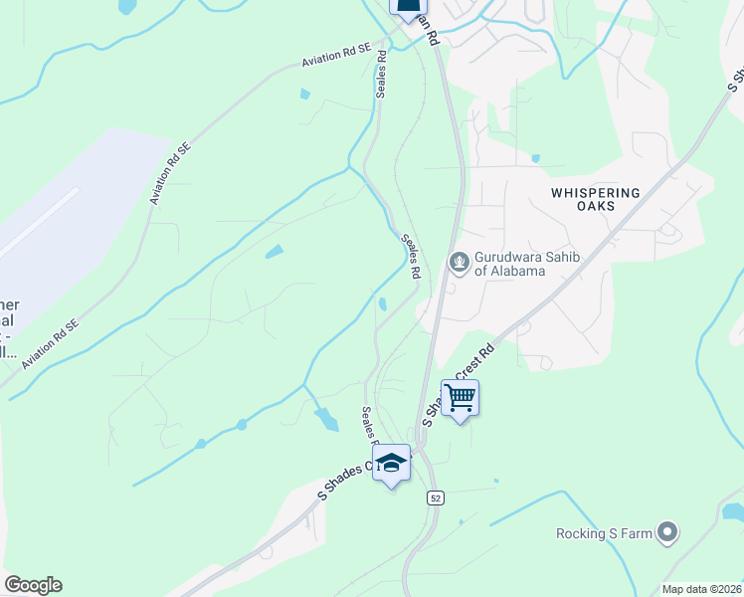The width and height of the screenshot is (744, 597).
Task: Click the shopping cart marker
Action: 460,399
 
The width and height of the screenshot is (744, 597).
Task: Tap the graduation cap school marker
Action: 392,464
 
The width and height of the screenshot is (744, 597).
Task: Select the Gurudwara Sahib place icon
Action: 460,263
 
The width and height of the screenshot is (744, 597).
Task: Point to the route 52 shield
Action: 435,497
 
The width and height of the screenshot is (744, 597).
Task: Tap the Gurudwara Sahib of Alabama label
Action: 509,264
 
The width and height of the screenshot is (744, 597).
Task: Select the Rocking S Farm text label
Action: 604,534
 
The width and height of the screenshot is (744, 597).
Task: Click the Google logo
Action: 33,585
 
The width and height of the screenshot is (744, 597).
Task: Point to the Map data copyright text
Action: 702,589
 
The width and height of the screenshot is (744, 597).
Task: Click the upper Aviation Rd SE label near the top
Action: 336,60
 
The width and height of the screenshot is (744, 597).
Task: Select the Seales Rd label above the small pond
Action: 412,256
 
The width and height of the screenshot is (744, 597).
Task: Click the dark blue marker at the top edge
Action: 407,6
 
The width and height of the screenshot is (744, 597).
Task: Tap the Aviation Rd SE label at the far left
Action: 50,343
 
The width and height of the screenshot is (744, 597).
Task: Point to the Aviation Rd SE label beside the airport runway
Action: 171,173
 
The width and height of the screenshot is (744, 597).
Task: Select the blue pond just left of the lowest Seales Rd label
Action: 326,419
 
